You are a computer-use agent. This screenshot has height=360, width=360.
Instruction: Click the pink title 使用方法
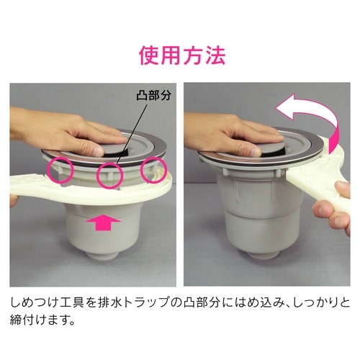(x=179, y=55)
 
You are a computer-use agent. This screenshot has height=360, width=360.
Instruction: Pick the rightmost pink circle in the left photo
(x=154, y=170)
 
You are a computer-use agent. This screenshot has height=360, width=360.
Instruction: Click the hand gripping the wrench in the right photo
(x=333, y=214)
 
